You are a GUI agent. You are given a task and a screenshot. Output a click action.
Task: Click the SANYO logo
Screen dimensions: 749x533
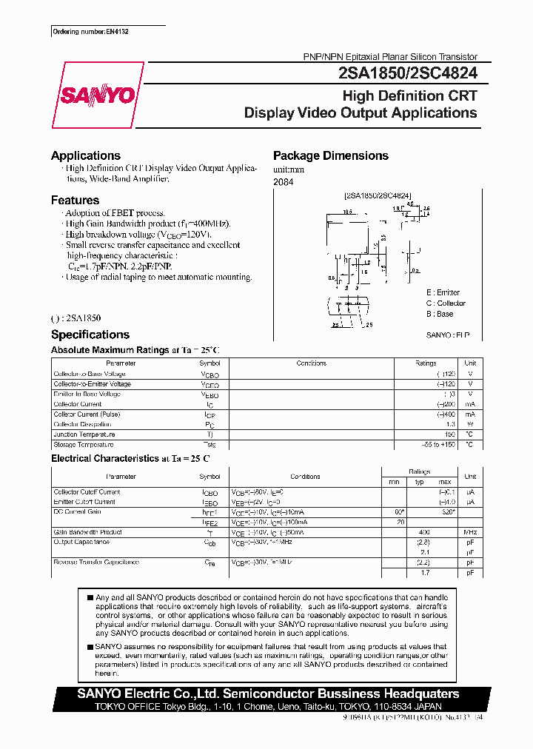[x=98, y=95]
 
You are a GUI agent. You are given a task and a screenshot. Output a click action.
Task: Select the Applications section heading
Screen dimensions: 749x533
[x=85, y=155]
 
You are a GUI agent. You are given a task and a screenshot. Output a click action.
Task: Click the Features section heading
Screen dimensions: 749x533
[x=75, y=200]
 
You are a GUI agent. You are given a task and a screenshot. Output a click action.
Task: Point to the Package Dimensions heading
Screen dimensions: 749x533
[x=330, y=155]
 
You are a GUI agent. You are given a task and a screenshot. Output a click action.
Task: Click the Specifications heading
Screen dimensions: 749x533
[x=90, y=335]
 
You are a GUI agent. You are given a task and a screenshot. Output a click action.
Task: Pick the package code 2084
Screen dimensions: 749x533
[x=283, y=182]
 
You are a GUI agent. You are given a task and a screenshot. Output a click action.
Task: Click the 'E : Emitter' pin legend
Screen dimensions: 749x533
[x=443, y=293]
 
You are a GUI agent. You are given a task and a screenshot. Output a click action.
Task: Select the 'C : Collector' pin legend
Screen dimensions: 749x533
[x=446, y=303]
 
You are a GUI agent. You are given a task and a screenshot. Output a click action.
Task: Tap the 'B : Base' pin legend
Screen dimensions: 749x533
[x=439, y=314]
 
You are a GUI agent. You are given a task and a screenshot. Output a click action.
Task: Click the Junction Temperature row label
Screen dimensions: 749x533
[x=83, y=434]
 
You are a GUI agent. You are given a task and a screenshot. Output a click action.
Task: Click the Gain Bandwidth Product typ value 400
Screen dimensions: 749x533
[x=424, y=532]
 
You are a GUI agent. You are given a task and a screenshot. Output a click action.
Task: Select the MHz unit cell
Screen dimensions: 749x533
[x=469, y=532]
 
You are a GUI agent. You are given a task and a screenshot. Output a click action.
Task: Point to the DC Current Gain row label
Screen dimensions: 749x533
[x=77, y=512]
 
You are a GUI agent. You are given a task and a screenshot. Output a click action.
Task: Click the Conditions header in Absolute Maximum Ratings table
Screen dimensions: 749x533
[x=311, y=363]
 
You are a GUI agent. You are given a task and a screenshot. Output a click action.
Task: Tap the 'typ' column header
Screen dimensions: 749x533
[x=419, y=482]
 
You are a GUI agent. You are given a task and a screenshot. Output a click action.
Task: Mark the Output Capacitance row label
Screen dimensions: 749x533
[x=81, y=542]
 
